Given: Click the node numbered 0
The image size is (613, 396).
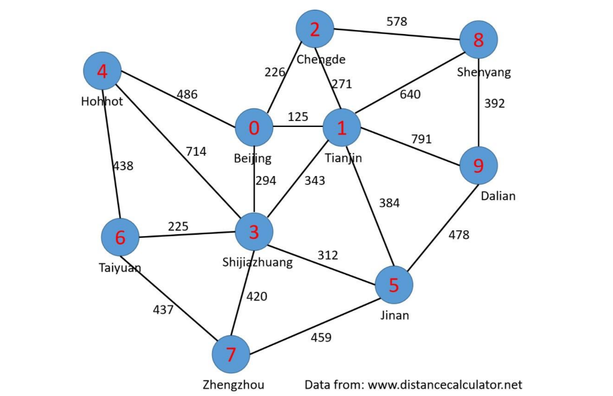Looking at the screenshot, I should pos(254,128).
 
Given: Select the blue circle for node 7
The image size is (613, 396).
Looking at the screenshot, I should pos(230,355).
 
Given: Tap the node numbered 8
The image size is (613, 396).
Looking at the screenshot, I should pos(478,41).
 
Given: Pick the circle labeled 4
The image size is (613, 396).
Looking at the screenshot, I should pos(102,72).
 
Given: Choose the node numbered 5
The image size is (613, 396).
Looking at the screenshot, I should pos(393,285).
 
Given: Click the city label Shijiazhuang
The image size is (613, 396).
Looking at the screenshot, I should pos(257,262).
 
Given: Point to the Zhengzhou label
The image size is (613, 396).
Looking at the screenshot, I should pos(233,385).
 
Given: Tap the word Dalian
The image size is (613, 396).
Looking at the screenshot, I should pos(498,196).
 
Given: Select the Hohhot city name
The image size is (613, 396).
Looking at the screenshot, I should pos(102,101).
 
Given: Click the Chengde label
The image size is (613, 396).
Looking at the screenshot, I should pos(321,59).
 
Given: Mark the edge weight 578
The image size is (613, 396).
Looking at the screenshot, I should pos(396,22).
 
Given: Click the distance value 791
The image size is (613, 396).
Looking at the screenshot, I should pos(421,139).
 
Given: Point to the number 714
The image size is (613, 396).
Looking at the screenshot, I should pos(196,152).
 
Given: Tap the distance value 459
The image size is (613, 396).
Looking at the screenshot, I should pos(321,337).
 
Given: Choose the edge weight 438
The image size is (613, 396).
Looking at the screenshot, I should pos(123,166).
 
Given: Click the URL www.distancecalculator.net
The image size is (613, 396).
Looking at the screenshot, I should pos(445,385).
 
